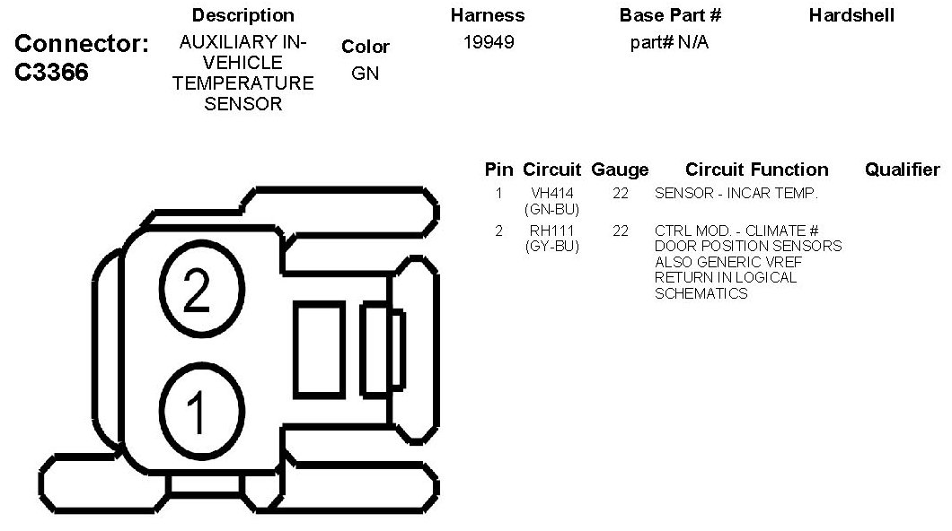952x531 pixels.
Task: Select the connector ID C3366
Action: pyautogui.click(x=53, y=73)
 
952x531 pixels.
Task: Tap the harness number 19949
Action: pyautogui.click(x=489, y=42)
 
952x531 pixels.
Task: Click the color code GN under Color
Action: pyautogui.click(x=365, y=74)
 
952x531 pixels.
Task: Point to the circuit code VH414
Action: pyautogui.click(x=551, y=193)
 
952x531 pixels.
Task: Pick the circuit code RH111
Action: pyautogui.click(x=551, y=231)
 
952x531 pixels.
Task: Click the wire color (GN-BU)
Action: pyautogui.click(x=551, y=209)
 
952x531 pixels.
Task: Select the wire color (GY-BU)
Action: pyautogui.click(x=551, y=246)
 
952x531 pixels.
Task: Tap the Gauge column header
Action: pyautogui.click(x=620, y=170)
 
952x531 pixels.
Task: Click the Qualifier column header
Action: pyautogui.click(x=902, y=170)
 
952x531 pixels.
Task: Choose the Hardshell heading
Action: pyautogui.click(x=851, y=15)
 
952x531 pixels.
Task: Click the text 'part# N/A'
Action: pyautogui.click(x=669, y=42)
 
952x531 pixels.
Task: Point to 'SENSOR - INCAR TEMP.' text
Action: pyautogui.click(x=736, y=193)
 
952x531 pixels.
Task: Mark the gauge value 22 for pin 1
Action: pyautogui.click(x=620, y=193)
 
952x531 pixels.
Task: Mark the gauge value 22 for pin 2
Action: pyautogui.click(x=620, y=231)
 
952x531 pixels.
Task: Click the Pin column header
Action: pyautogui.click(x=498, y=170)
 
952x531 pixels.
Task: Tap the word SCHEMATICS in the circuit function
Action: pyautogui.click(x=701, y=293)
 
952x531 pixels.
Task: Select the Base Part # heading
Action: pyautogui.click(x=670, y=15)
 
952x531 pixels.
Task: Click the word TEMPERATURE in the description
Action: pyautogui.click(x=242, y=83)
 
